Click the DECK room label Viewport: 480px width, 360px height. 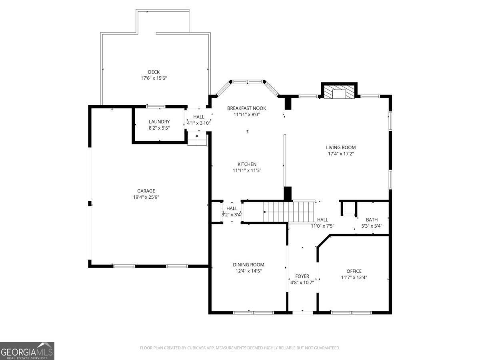click(x=154, y=72)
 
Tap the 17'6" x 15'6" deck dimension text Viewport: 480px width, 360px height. click(x=154, y=78)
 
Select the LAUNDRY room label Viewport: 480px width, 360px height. click(x=159, y=122)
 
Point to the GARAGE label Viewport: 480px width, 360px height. click(x=146, y=191)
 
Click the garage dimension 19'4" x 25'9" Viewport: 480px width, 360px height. click(x=146, y=197)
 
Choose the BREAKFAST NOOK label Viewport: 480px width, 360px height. click(x=246, y=108)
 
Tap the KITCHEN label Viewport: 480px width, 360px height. click(x=247, y=164)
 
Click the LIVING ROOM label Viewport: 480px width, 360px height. click(x=340, y=147)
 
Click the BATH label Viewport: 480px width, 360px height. click(x=372, y=220)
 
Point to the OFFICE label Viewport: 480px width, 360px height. click(x=354, y=271)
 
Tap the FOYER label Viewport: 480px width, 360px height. click(x=302, y=276)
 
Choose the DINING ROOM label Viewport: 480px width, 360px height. click(x=248, y=264)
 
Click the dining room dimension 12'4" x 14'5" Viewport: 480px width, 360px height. click(x=248, y=271)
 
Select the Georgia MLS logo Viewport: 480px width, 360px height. click(x=27, y=351)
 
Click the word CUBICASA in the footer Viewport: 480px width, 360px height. click(x=196, y=348)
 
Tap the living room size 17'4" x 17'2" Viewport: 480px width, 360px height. click(x=340, y=153)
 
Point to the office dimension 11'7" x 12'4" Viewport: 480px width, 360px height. click(x=354, y=277)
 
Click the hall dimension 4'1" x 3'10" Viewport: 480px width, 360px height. click(x=199, y=123)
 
